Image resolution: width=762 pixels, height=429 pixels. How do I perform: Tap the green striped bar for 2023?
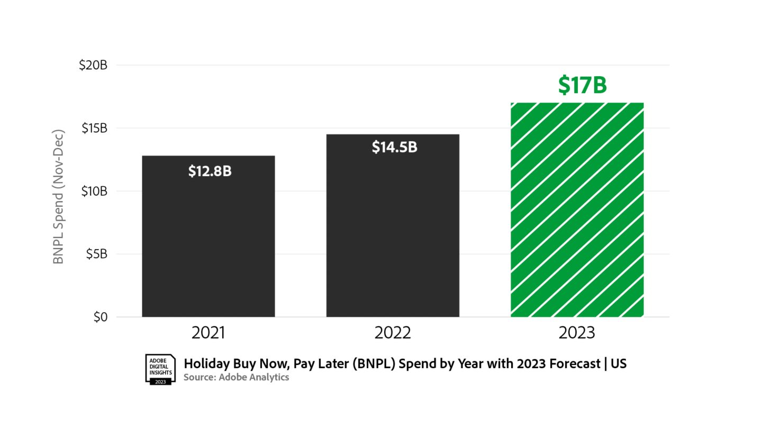577,212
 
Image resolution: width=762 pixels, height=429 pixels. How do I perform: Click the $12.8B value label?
210,171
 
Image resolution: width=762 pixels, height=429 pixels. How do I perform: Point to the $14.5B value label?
394,147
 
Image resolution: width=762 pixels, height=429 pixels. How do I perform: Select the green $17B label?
582,86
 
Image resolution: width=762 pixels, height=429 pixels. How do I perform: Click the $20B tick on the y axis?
93,65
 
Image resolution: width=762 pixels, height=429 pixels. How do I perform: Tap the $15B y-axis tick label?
94,128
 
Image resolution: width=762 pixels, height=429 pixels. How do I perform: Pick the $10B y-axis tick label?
94,191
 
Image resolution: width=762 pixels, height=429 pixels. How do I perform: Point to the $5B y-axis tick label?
96,254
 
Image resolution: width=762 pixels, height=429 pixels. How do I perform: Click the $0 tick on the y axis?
100,317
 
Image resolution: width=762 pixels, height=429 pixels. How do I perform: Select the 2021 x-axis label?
208,333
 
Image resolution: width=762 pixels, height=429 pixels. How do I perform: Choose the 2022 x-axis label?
393,333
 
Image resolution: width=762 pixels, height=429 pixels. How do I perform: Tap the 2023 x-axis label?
577,333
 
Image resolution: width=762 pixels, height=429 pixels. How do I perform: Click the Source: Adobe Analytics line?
236,377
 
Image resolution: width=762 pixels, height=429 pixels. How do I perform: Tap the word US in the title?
619,364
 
